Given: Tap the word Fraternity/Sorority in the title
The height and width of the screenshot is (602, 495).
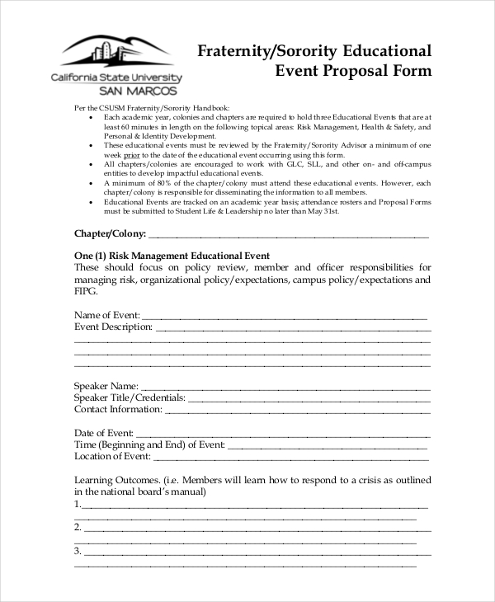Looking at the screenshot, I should tap(262, 49).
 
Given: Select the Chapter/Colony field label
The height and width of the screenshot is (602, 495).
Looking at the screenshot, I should tap(111, 233).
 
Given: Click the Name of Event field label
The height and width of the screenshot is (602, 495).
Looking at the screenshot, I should tap(106, 315).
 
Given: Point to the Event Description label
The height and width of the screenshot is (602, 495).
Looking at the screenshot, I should tap(114, 327).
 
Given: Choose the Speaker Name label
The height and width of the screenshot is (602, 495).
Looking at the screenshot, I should tap(106, 385).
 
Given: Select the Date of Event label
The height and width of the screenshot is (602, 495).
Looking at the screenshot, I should tap(103, 432).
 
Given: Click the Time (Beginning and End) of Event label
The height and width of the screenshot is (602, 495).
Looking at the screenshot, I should tap(149, 444).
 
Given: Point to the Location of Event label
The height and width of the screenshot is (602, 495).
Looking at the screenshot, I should tap(112, 456).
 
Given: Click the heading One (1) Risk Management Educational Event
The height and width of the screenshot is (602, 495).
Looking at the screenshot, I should tap(172, 256).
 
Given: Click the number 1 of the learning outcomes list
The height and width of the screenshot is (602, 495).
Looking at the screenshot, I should tap(78, 503).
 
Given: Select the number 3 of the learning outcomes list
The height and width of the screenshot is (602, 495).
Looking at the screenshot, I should tap(78, 550).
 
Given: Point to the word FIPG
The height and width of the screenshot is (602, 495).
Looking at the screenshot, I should tap(86, 292).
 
